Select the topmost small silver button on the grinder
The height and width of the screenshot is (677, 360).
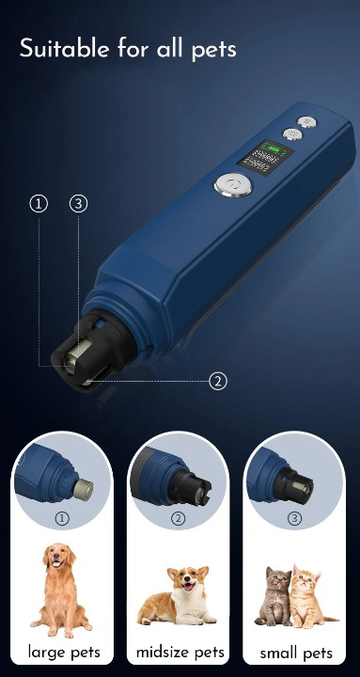(305, 121)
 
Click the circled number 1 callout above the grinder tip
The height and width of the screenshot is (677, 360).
(39, 203)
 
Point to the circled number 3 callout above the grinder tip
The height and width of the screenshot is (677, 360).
(78, 203)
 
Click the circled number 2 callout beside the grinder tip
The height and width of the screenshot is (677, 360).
(218, 381)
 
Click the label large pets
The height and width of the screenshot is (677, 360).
(63, 652)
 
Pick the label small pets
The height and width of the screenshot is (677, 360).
(295, 653)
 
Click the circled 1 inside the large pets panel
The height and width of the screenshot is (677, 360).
(63, 518)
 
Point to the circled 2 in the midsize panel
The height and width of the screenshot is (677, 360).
(179, 518)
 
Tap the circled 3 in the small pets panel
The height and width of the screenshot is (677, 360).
(295, 518)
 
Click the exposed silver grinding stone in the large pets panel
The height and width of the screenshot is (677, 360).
(83, 488)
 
